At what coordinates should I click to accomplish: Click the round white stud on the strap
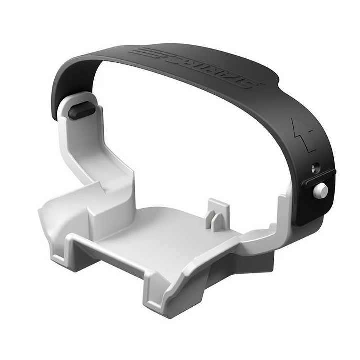pos(322,190)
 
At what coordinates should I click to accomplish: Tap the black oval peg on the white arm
pos(80,112)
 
